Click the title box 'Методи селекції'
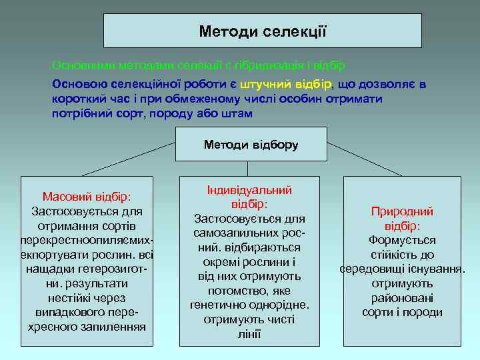(x=263, y=31)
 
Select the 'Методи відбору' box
(x=251, y=144)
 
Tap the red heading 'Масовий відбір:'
(x=87, y=197)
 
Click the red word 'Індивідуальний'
(x=249, y=190)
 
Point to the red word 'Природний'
(x=402, y=211)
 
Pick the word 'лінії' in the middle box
(x=249, y=334)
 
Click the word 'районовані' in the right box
(x=402, y=298)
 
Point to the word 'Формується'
(x=402, y=240)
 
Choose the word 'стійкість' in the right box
(x=385, y=255)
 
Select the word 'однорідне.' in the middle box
(x=279, y=305)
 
